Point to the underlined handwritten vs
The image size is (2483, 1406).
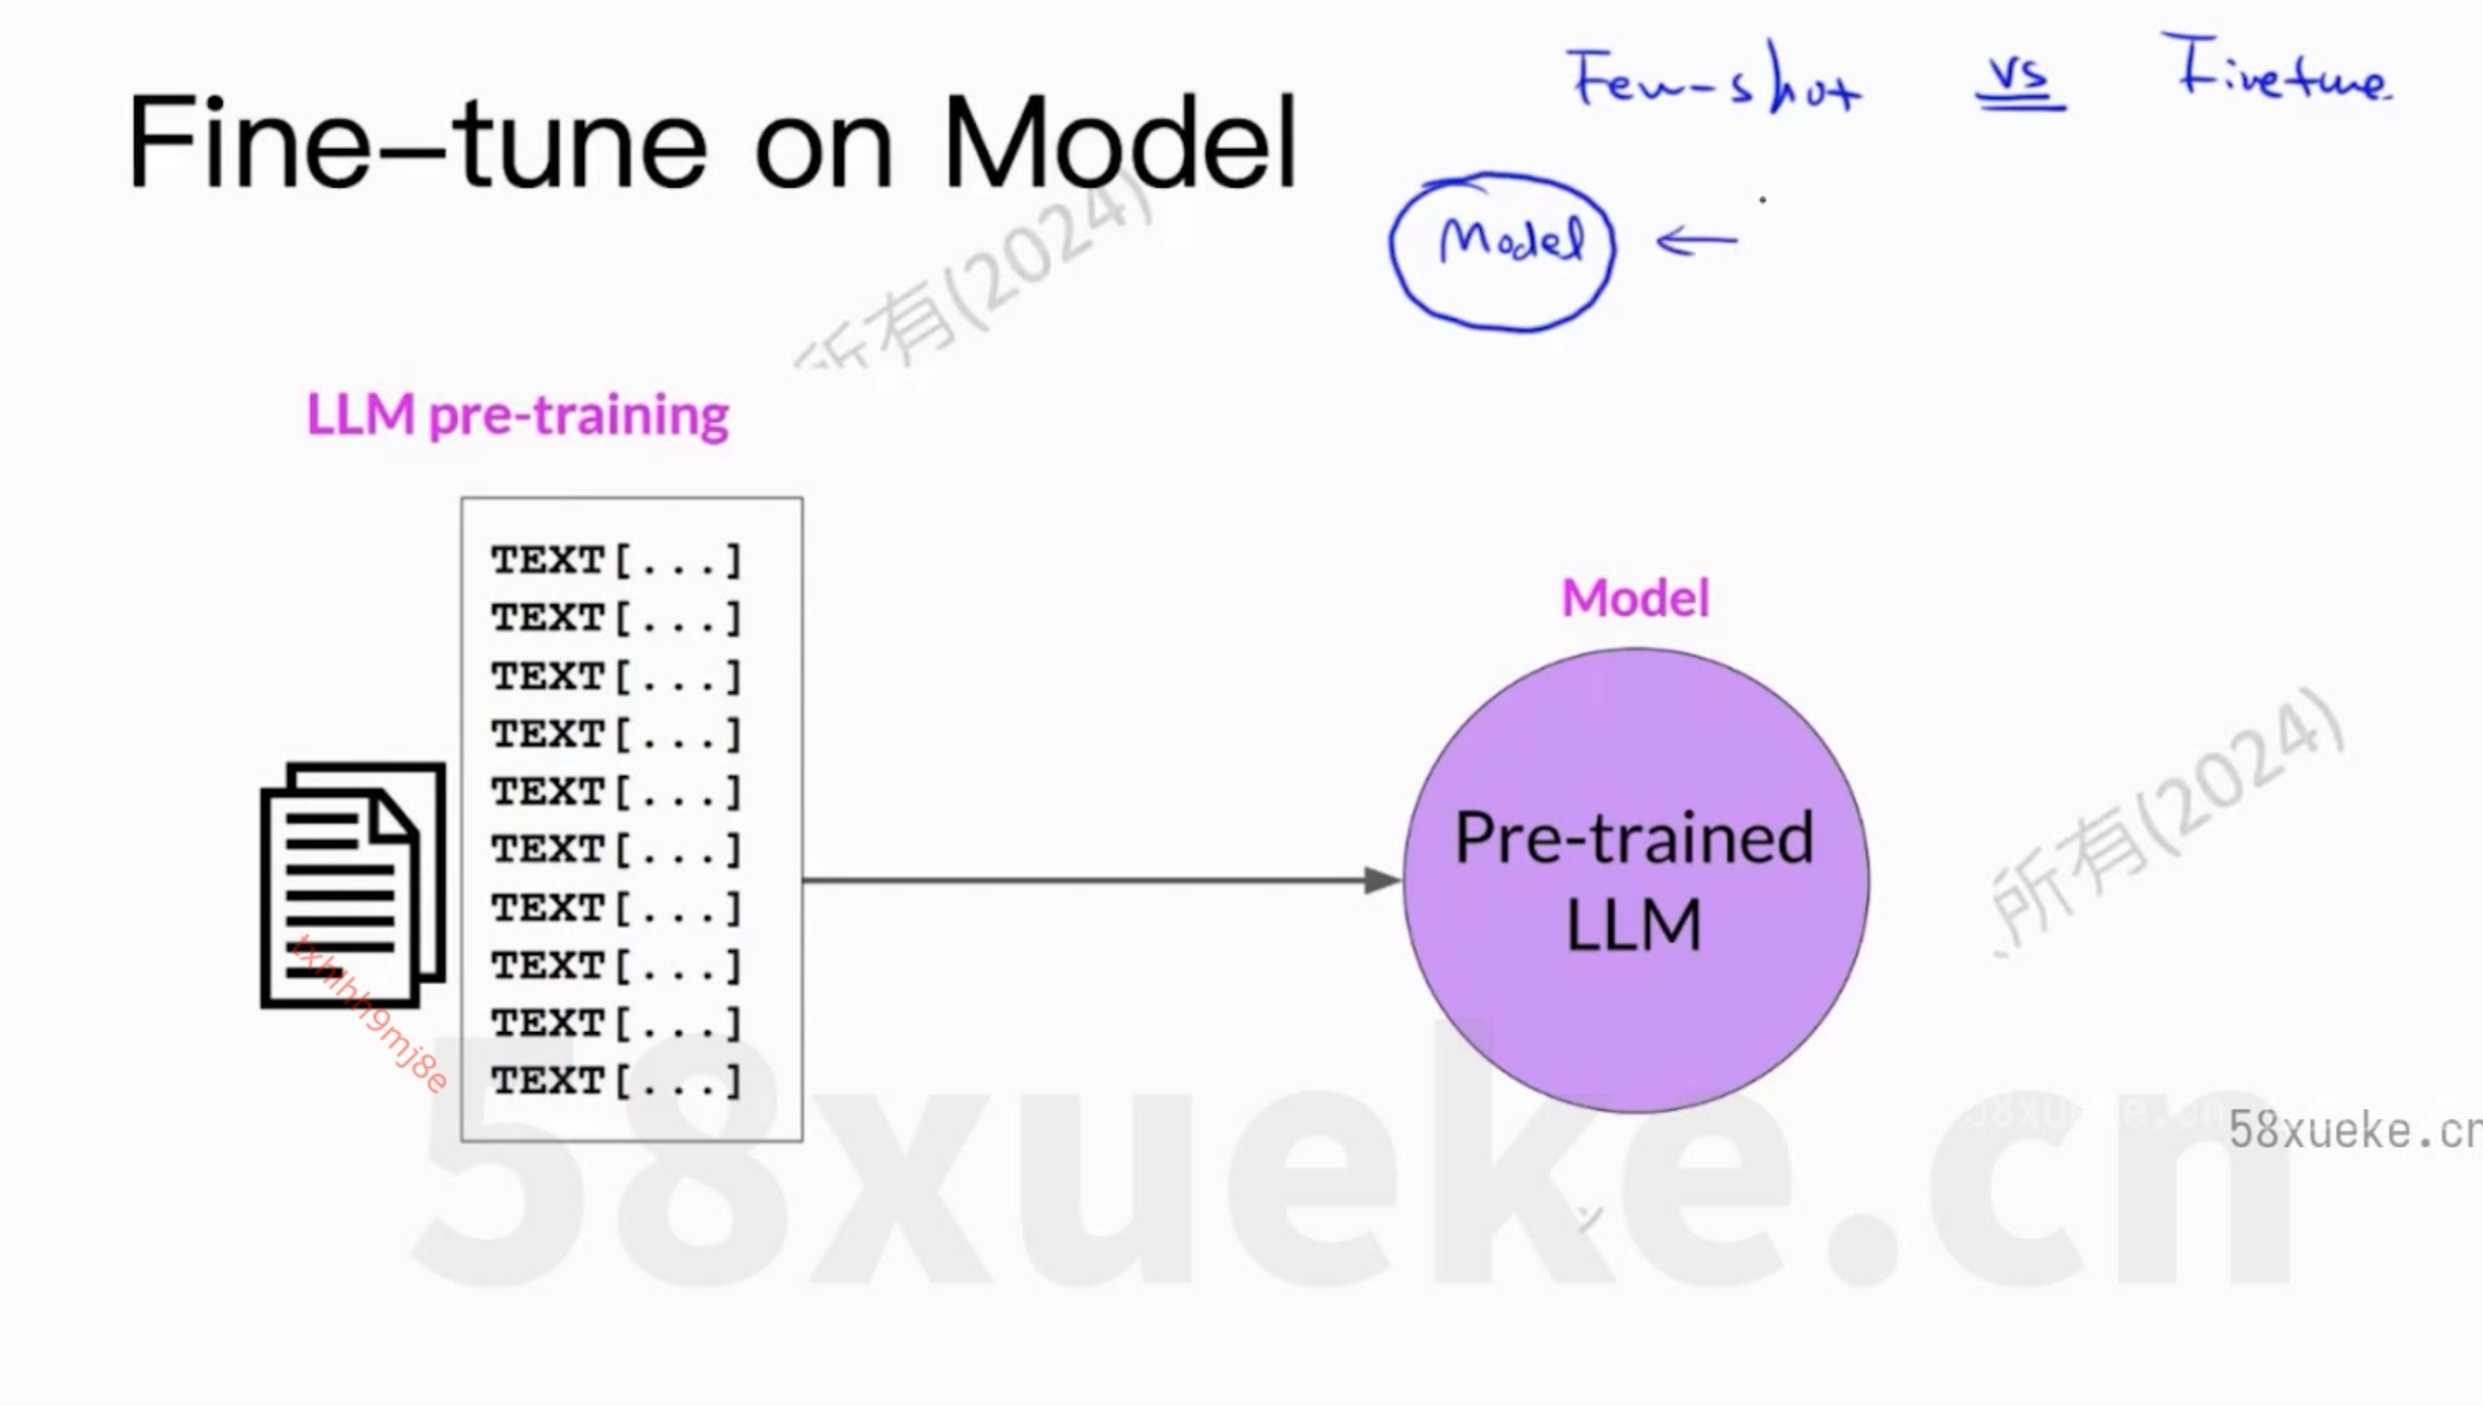(2019, 77)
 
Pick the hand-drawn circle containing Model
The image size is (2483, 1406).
(1503, 251)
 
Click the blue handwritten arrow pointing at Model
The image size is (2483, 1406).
(1697, 241)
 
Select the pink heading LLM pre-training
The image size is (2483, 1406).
(517, 415)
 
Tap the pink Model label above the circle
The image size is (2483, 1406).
(1635, 597)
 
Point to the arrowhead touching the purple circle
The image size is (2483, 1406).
(1382, 880)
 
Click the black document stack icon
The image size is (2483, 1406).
(352, 885)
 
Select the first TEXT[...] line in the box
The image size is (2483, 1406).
(616, 560)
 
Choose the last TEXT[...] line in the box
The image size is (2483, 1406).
(616, 1081)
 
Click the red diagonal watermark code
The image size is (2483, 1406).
(372, 1014)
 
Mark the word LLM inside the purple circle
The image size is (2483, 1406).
(1633, 925)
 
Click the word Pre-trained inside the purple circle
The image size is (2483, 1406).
(1634, 839)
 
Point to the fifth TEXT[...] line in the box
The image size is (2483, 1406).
(616, 792)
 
